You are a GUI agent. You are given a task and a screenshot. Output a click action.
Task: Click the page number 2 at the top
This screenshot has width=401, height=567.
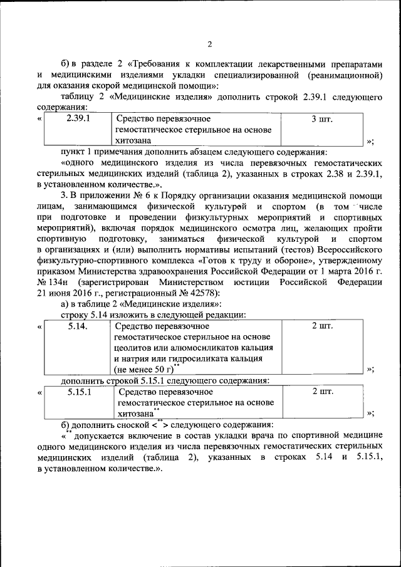tap(210, 43)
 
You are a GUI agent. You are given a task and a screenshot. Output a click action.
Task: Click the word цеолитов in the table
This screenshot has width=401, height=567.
tap(133, 348)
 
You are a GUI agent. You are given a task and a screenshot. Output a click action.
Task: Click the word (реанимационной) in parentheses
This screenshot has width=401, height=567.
tap(345, 75)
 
